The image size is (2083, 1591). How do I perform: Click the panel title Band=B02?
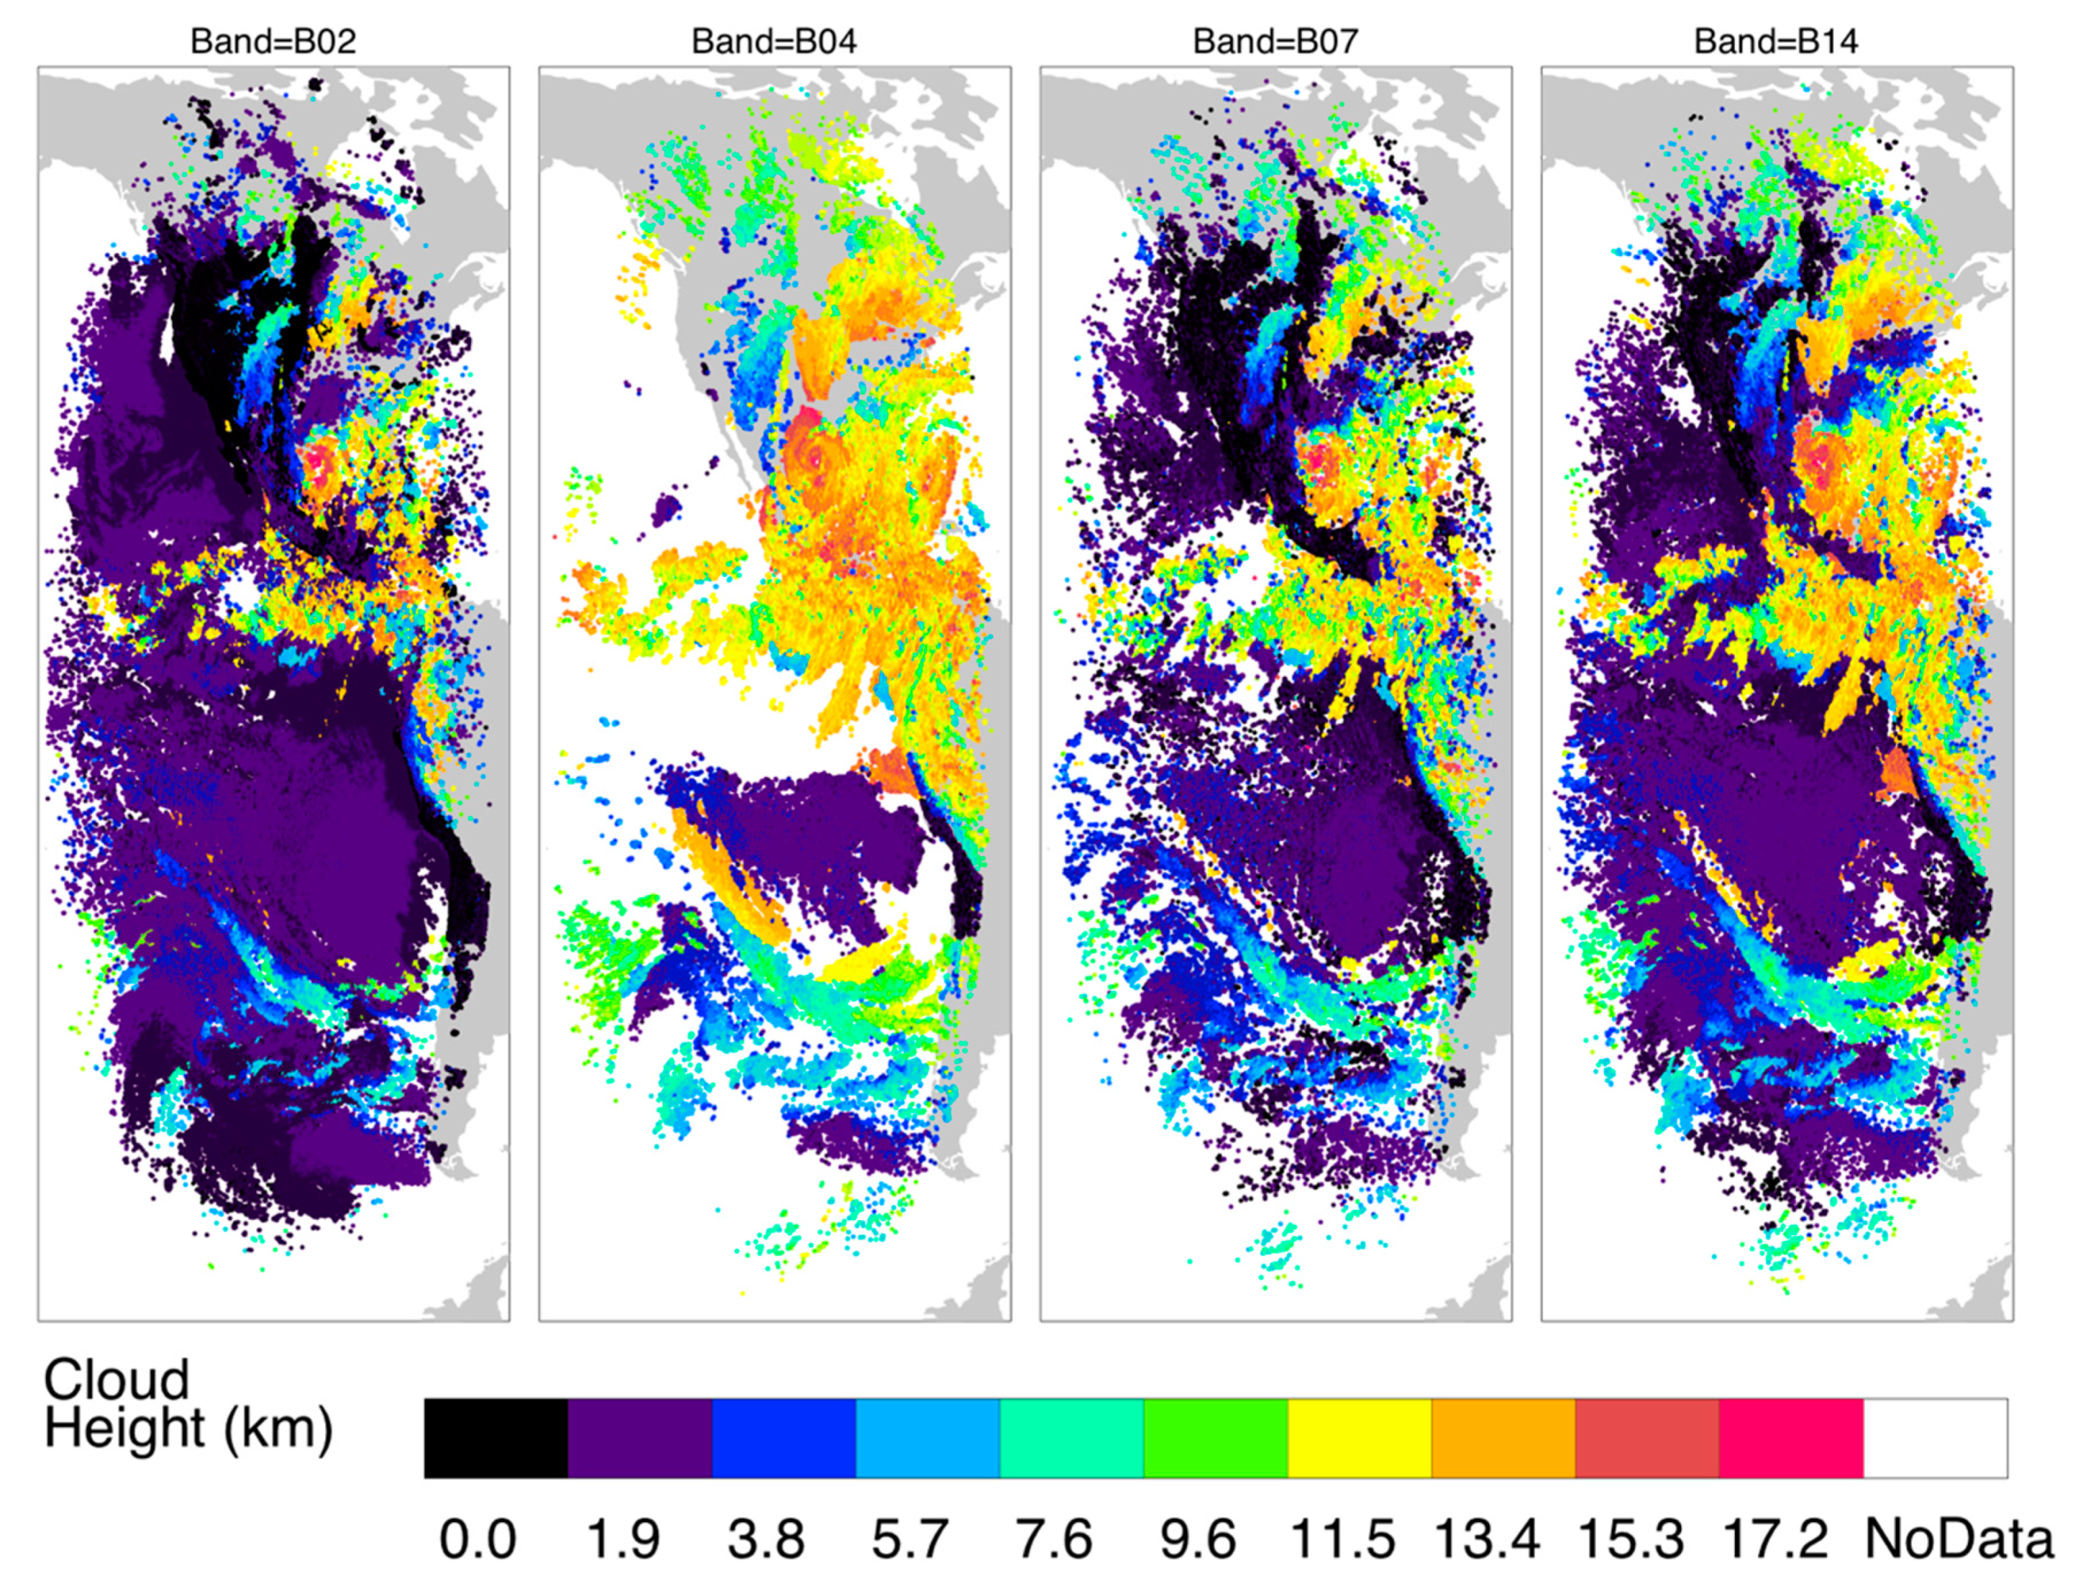click(x=273, y=42)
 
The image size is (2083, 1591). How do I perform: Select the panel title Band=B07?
click(x=1275, y=42)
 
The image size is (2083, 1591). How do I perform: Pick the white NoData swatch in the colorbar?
click(x=1934, y=1438)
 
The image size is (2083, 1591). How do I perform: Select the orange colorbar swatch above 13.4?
click(x=1503, y=1438)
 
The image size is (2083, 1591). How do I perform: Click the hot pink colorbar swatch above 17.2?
click(x=1790, y=1438)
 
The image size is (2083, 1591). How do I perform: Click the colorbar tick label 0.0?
click(x=478, y=1539)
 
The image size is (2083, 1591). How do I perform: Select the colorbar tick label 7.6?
click(x=1053, y=1539)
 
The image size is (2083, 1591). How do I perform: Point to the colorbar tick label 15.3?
click(x=1630, y=1539)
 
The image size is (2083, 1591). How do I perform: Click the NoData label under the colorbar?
click(x=1958, y=1539)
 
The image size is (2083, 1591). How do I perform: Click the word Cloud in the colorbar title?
click(x=116, y=1380)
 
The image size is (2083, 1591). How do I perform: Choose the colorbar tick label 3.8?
click(x=766, y=1539)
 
